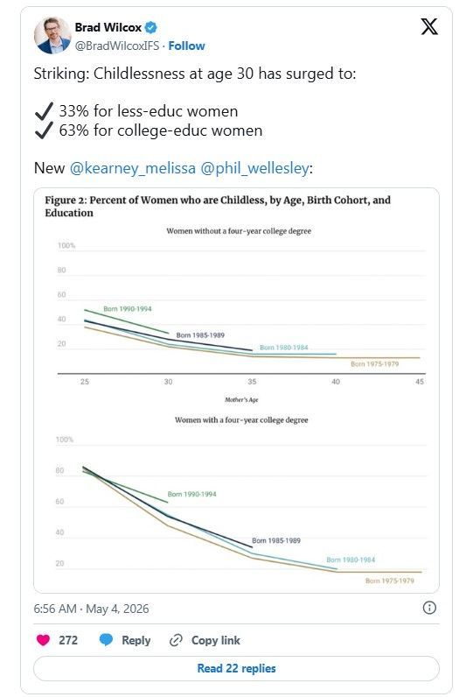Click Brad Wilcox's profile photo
(52, 36)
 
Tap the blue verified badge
(151, 27)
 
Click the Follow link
(186, 46)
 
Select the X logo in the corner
(429, 26)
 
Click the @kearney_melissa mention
(133, 168)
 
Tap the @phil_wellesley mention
(255, 168)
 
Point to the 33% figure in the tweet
(74, 110)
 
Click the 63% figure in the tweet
(74, 130)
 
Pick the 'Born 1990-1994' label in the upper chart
(128, 308)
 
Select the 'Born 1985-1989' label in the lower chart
(276, 540)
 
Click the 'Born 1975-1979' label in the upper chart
(374, 363)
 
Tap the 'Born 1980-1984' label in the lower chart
(351, 560)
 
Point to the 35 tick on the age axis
(252, 382)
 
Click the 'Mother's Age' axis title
(241, 399)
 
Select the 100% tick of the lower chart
(65, 440)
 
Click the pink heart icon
(43, 640)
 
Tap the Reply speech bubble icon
(106, 640)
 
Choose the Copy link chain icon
(176, 640)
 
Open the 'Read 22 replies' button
(236, 668)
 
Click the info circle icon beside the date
(429, 608)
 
